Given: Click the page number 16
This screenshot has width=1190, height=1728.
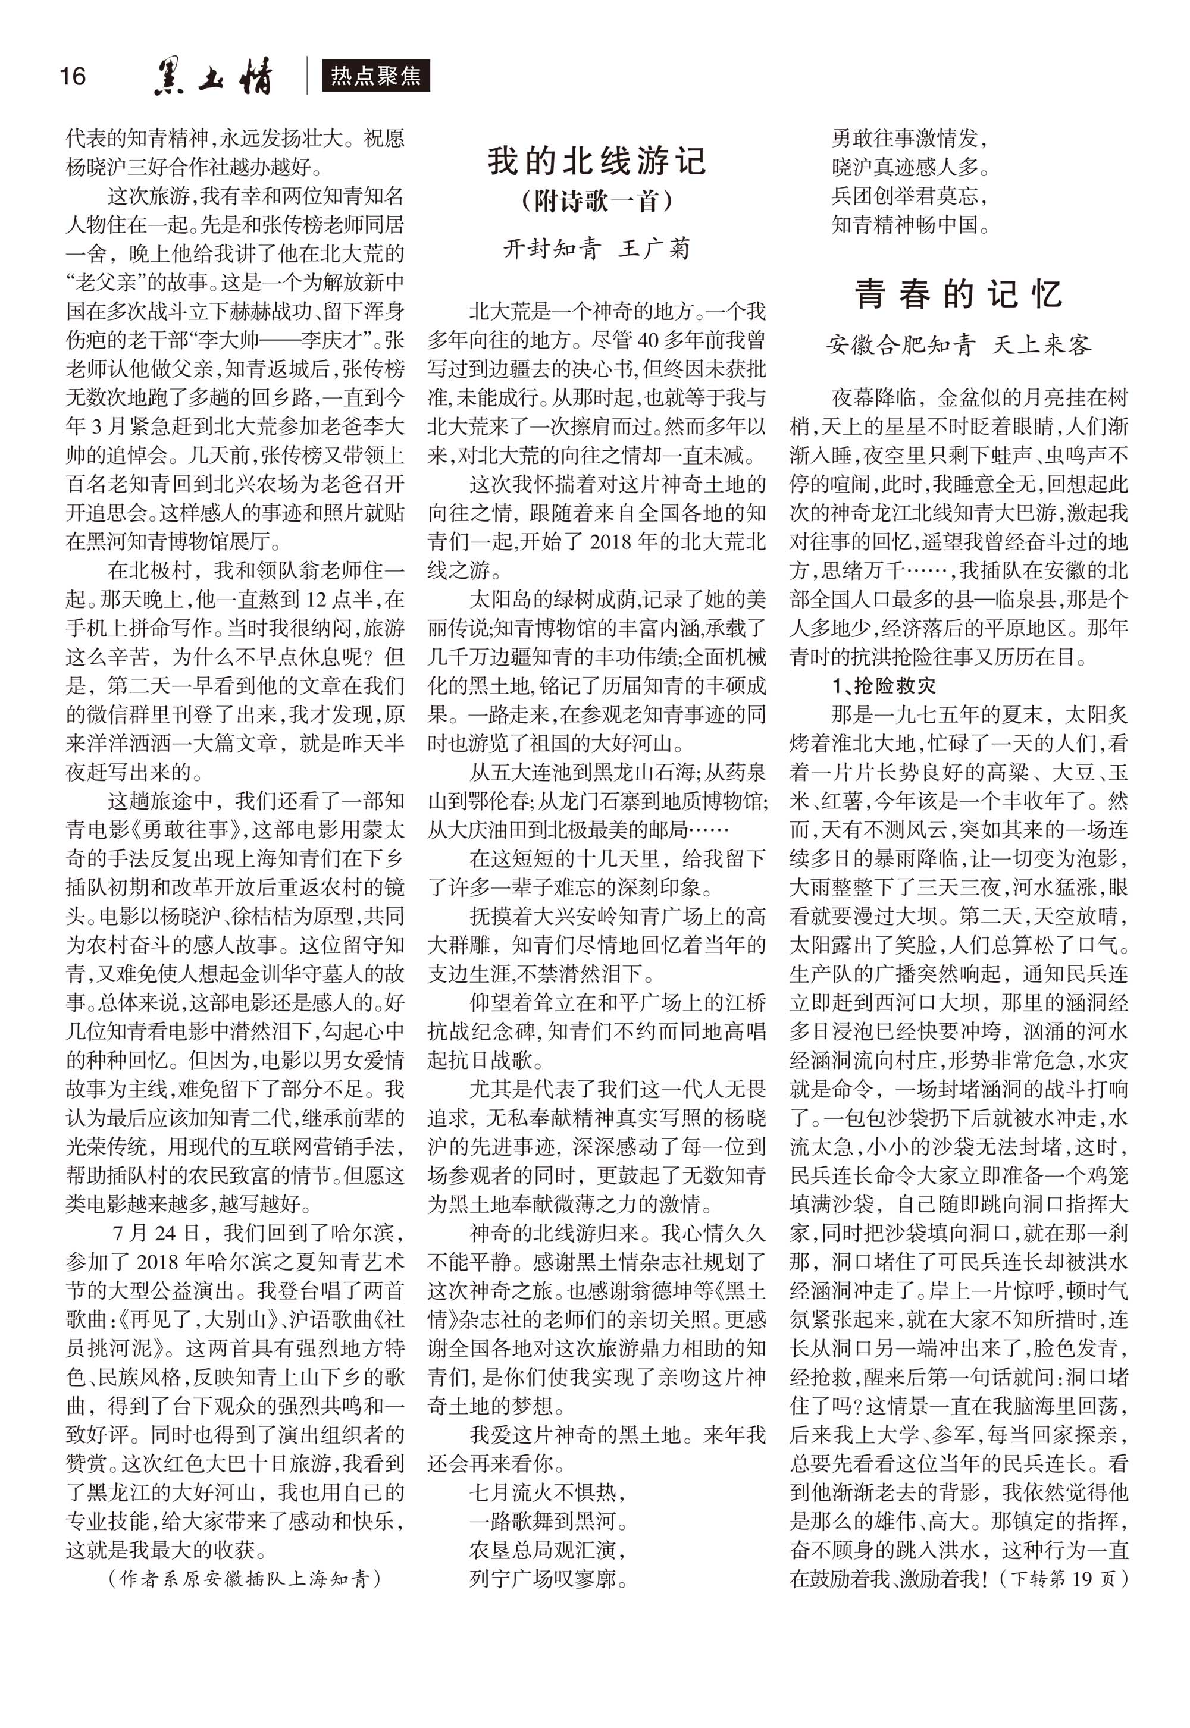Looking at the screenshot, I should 73,76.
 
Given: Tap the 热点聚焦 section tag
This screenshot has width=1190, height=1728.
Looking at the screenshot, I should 376,76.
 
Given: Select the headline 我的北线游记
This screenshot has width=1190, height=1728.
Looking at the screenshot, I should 597,161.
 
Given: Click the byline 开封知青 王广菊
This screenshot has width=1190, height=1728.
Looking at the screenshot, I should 597,248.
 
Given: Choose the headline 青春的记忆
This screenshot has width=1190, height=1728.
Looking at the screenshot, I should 959,294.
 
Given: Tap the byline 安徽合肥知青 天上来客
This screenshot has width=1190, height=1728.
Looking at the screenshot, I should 959,344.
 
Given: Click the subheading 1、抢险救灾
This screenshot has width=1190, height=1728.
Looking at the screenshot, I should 883,685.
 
